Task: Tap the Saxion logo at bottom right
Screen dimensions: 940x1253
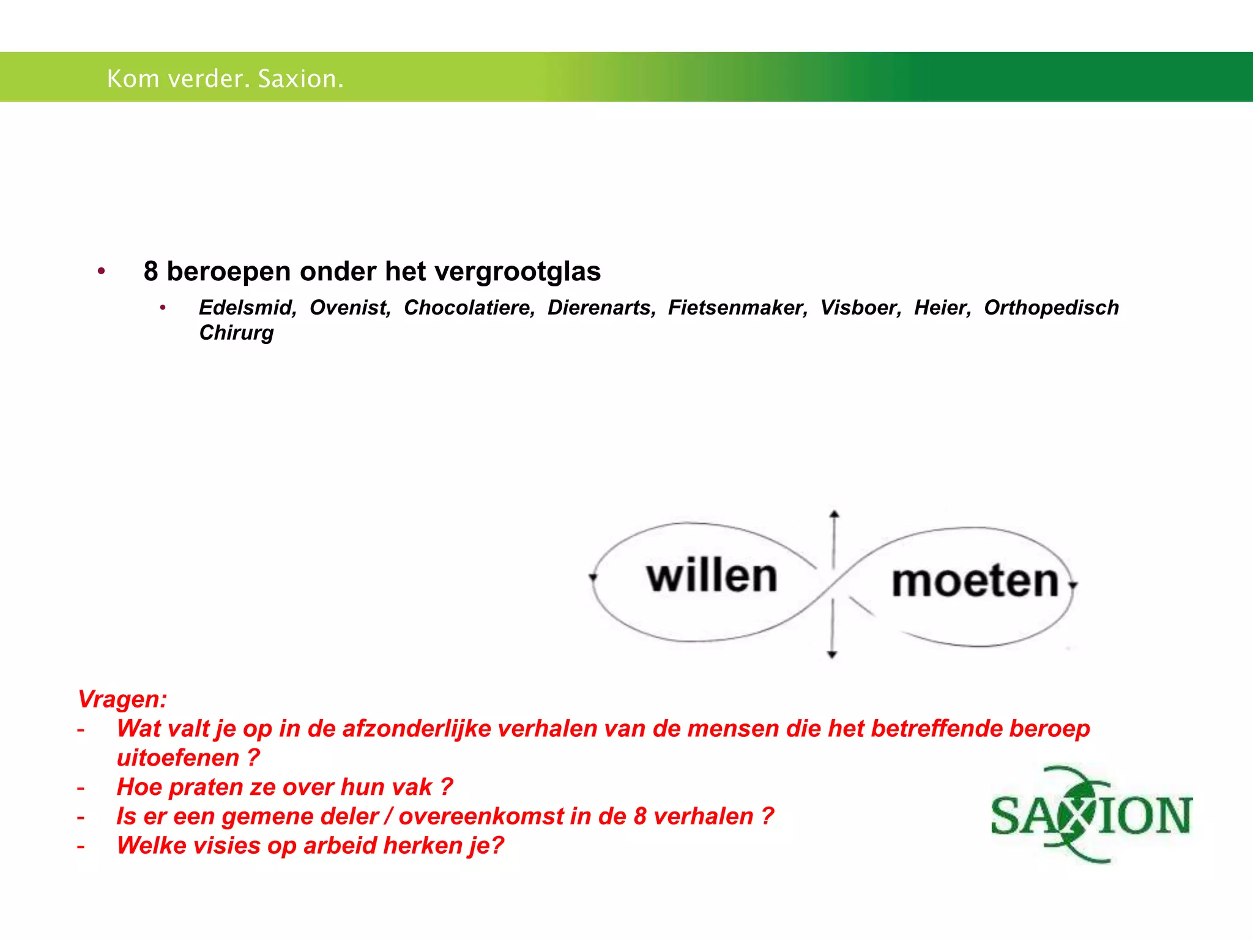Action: pos(1091,815)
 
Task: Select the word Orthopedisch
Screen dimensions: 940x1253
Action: pos(1051,307)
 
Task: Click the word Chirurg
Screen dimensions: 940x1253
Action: pos(236,333)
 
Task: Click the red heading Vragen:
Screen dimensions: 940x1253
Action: pos(122,699)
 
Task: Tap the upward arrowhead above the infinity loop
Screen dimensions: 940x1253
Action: pos(834,514)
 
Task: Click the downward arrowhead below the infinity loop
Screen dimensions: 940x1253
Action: pos(832,655)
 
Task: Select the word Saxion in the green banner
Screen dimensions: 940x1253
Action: pos(300,78)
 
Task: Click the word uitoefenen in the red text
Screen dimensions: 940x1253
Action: pos(178,758)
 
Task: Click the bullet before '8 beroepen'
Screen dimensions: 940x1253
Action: pos(102,270)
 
